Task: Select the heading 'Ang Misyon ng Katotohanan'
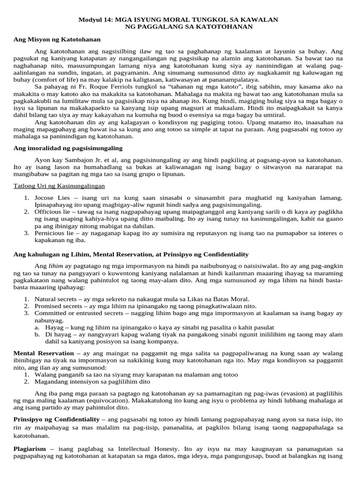pos(57,39)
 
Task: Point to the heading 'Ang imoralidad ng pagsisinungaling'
pos(67,148)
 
